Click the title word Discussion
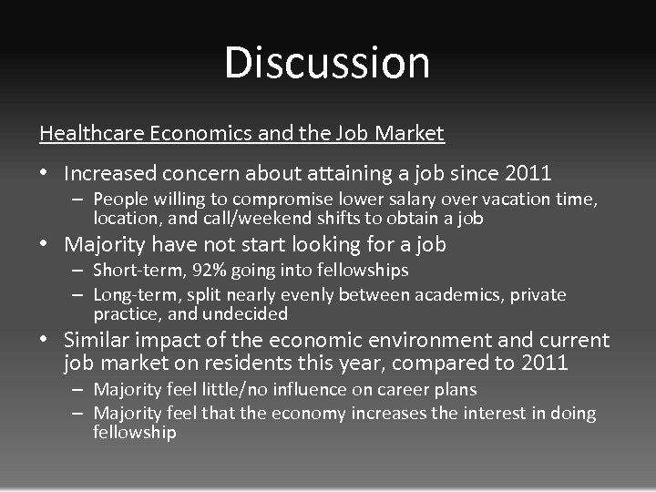tap(327, 63)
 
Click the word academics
tap(456, 294)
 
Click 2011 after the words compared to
tap(543, 364)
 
